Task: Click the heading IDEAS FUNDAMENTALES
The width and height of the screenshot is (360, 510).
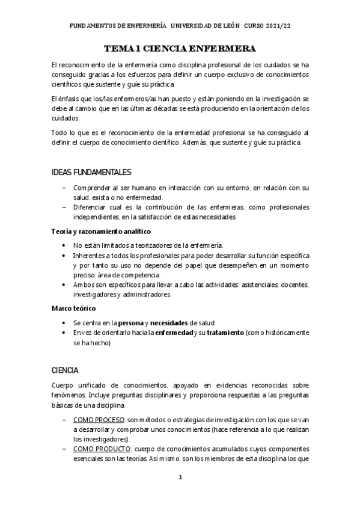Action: pyautogui.click(x=92, y=173)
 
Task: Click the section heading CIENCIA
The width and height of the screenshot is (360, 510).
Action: pyautogui.click(x=66, y=370)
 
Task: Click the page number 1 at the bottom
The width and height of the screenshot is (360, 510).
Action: pyautogui.click(x=180, y=478)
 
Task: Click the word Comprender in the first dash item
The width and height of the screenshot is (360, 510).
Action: pyautogui.click(x=93, y=188)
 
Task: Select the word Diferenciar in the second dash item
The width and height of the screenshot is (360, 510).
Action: pyautogui.click(x=92, y=207)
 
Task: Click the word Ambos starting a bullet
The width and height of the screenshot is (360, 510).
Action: pyautogui.click(x=84, y=284)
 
